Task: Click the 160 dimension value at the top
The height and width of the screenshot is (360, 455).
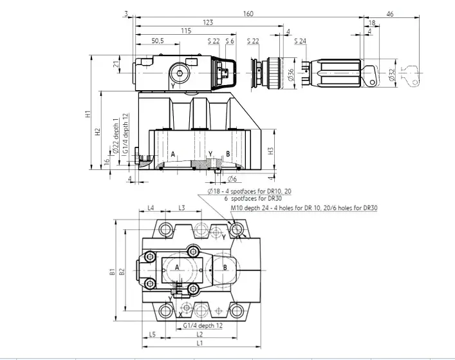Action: (x=248, y=14)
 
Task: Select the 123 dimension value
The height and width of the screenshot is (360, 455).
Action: (x=208, y=23)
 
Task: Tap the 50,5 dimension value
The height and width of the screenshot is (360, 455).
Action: (x=158, y=41)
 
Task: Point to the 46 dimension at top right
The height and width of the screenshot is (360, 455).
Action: (x=390, y=14)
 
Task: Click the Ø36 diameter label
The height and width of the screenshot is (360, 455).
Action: (x=292, y=74)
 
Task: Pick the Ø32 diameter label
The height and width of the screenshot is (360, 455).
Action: (x=392, y=75)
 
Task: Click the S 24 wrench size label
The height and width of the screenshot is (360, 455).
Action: (x=300, y=41)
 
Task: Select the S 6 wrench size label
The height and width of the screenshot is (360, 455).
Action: (x=230, y=41)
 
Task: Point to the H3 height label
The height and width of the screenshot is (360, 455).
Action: (x=270, y=151)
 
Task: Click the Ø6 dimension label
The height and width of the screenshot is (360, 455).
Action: (x=232, y=179)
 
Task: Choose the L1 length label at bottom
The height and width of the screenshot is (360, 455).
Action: (x=200, y=343)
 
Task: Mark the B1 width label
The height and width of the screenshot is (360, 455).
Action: (x=112, y=272)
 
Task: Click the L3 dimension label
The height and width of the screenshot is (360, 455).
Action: (x=181, y=208)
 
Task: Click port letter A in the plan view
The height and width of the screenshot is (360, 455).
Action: (x=177, y=267)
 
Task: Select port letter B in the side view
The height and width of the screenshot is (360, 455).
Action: (x=228, y=154)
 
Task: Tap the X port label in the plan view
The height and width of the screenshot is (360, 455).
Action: (x=180, y=315)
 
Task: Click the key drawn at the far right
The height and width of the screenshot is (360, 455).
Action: (x=410, y=75)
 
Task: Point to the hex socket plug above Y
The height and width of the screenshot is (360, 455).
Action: (x=180, y=73)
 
